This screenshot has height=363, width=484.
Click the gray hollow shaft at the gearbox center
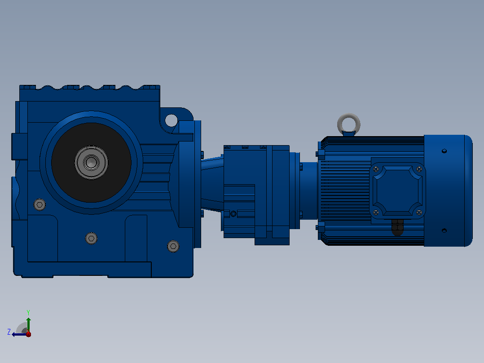[92, 163]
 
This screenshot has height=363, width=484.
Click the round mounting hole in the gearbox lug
[172, 120]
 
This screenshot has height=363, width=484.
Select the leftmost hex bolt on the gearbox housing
[40, 204]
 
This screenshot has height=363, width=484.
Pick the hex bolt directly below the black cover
[92, 238]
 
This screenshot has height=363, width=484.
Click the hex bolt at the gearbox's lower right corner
[173, 246]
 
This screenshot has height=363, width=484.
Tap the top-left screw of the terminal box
[376, 169]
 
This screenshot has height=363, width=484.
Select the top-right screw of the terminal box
[419, 169]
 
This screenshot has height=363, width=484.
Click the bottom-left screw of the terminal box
[376, 212]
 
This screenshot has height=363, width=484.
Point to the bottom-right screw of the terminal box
[419, 212]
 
